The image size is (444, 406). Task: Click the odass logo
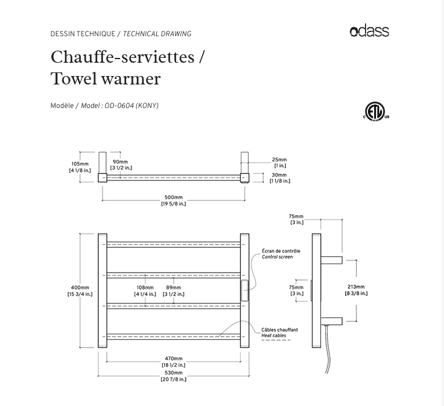pos(369,31)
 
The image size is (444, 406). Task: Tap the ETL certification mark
pos(375,112)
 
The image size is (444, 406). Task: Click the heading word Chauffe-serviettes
pos(122,57)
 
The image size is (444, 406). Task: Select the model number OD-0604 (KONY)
pos(132,106)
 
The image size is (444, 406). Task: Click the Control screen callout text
pos(277,257)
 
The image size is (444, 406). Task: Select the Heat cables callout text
pos(274,335)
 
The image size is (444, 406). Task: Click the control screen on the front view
pos(245,291)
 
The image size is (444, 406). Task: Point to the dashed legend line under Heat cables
pos(276,341)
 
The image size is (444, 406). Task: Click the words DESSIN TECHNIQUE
pos(83,34)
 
